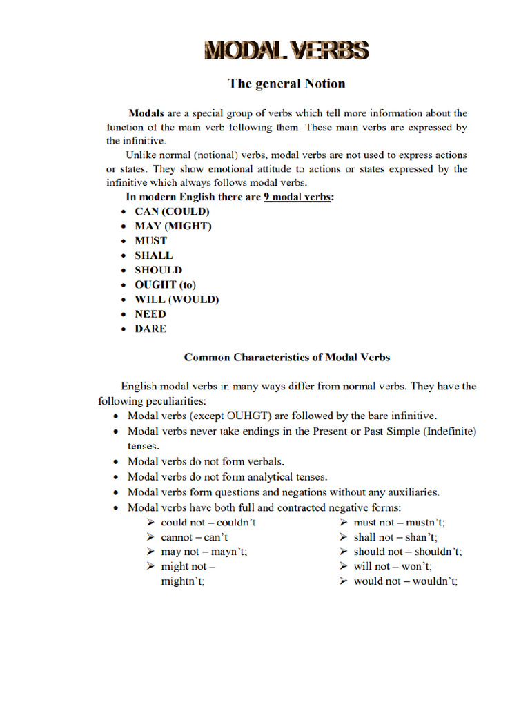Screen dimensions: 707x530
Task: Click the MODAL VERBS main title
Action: point(286,50)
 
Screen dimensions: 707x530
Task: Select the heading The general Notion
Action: point(286,84)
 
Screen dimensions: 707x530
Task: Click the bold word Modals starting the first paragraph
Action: point(146,113)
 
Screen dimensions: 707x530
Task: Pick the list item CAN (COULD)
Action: point(172,212)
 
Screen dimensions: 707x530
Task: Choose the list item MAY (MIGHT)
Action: point(173,226)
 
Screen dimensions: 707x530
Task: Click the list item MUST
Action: point(150,241)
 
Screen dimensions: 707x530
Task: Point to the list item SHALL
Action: point(153,255)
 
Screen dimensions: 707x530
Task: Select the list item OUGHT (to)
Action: point(166,284)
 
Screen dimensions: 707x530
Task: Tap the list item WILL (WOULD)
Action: point(176,300)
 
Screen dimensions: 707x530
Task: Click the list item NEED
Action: point(150,314)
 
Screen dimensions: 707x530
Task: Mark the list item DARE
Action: point(150,329)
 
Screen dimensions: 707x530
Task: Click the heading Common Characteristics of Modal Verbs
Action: point(286,357)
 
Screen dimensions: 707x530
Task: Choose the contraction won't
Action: point(417,566)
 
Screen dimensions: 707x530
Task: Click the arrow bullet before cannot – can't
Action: point(150,537)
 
